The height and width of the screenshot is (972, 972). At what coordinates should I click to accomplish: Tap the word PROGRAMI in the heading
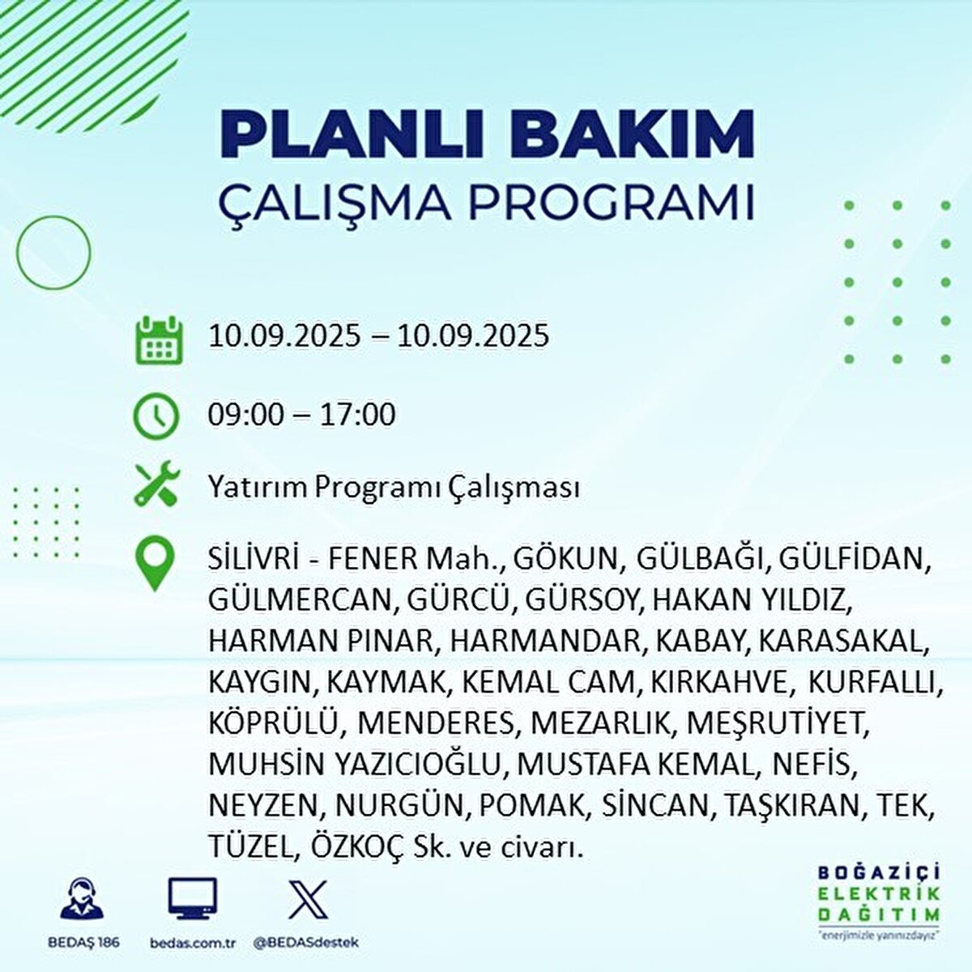(612, 202)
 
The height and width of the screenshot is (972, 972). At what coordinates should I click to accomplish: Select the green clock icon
(156, 416)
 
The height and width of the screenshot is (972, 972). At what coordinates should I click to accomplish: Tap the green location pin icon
(156, 564)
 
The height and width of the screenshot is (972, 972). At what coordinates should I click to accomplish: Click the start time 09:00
(245, 415)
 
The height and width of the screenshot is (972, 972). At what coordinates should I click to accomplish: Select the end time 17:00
(356, 415)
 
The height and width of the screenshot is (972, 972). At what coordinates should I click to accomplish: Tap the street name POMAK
(531, 805)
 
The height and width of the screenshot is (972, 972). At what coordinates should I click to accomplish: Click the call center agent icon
(82, 899)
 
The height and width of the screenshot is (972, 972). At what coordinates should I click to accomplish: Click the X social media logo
(308, 899)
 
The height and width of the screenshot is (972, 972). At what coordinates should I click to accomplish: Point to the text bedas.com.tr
(191, 943)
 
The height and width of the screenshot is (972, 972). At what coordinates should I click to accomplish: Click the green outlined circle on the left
(53, 254)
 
